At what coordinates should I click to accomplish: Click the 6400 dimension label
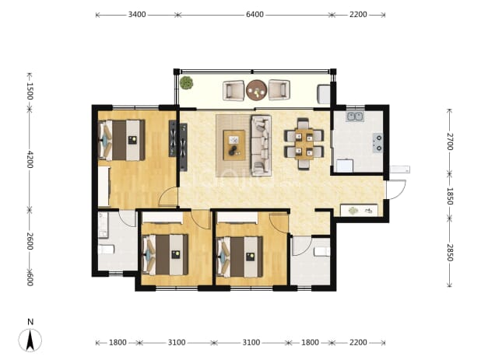point(255,15)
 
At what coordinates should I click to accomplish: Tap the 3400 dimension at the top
point(137,15)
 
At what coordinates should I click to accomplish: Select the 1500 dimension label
point(30,91)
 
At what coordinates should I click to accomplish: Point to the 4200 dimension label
point(30,159)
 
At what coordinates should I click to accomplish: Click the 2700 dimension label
point(449,142)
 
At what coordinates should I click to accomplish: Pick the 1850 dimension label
point(449,196)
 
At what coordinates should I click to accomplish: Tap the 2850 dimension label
point(449,253)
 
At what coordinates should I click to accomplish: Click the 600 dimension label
point(30,279)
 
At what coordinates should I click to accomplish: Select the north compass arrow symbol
point(30,340)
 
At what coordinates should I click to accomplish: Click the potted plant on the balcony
point(186,82)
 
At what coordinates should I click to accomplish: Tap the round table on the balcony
point(256,90)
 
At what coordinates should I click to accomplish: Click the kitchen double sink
point(355,117)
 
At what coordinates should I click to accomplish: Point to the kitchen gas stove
point(378,143)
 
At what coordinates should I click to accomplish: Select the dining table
point(304,144)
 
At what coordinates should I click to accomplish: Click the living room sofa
point(262,145)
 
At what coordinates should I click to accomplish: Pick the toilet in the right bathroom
point(322,252)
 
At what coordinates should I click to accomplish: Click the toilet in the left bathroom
point(106,249)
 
